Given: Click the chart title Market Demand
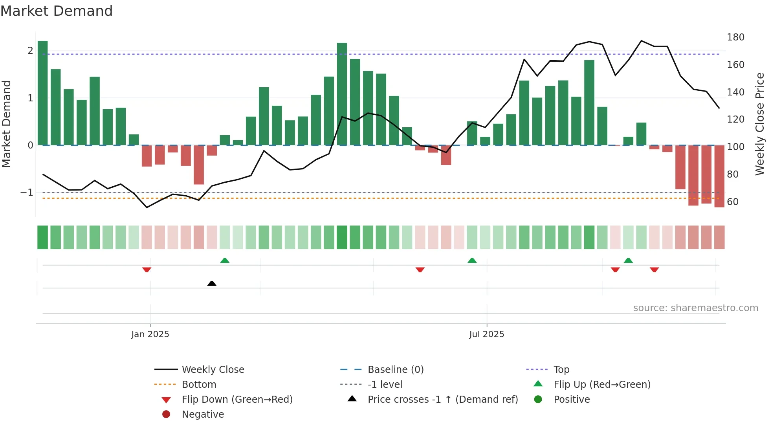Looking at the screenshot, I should pyautogui.click(x=57, y=11).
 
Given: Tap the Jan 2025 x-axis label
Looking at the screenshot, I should pyautogui.click(x=150, y=334).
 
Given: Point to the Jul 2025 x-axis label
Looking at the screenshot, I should pyautogui.click(x=486, y=334).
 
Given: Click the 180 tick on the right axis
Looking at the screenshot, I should pyautogui.click(x=735, y=37).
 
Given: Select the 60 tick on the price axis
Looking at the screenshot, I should pyautogui.click(x=733, y=202).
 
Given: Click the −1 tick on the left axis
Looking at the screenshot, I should pyautogui.click(x=27, y=193).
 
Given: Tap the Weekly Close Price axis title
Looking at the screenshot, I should pyautogui.click(x=760, y=124).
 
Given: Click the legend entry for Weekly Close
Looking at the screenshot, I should pyautogui.click(x=213, y=370).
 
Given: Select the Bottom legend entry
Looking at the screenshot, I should pyautogui.click(x=199, y=385).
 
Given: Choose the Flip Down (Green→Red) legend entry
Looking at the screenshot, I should pyautogui.click(x=237, y=400).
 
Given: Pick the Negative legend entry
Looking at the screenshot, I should pyautogui.click(x=203, y=415).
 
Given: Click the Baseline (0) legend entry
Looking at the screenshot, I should pyautogui.click(x=395, y=370).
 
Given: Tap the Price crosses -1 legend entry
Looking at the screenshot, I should pyautogui.click(x=442, y=400).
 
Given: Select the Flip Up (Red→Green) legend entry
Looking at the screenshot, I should pyautogui.click(x=602, y=385).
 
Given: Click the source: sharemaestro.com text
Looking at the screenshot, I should pyautogui.click(x=695, y=308).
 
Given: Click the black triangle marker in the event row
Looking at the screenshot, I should pyautogui.click(x=212, y=284).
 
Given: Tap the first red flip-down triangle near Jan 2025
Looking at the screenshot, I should pyautogui.click(x=147, y=270).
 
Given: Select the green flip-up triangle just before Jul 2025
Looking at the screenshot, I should pyautogui.click(x=472, y=261).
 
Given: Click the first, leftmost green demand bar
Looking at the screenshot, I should pyautogui.click(x=43, y=93).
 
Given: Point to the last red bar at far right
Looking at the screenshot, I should pyautogui.click(x=719, y=176).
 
